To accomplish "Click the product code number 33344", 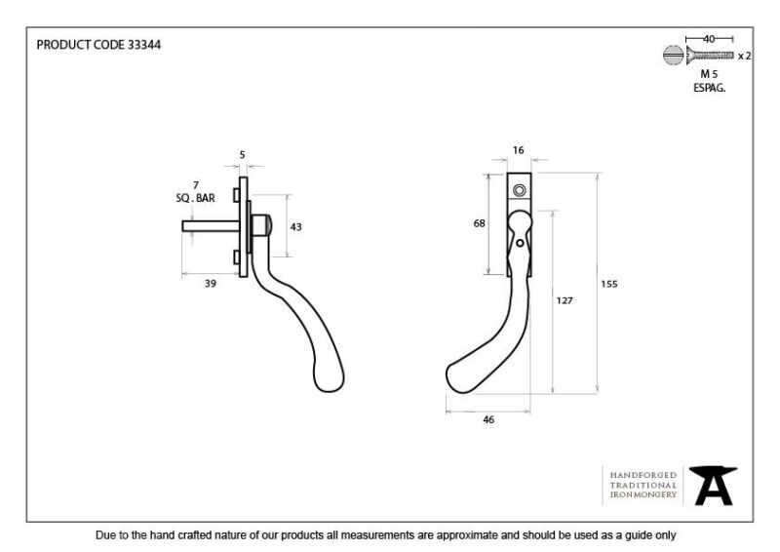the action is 144,45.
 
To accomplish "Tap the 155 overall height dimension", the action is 608,284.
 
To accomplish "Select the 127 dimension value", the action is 565,300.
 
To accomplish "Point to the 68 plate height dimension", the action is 479,223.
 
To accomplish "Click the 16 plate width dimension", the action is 518,150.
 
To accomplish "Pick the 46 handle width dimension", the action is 488,419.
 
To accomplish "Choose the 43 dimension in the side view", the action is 295,227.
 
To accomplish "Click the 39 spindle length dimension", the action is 211,283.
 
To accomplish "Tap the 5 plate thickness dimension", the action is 242,155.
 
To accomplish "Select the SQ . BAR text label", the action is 196,198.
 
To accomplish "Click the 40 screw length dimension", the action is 709,39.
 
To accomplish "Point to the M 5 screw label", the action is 709,74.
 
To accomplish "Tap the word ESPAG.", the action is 710,88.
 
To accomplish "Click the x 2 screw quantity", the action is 744,56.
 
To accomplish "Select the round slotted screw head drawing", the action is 673,55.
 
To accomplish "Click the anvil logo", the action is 713,486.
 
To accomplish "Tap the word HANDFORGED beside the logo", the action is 643,475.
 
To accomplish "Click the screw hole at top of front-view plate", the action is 520,190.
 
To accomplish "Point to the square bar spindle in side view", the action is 211,226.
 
